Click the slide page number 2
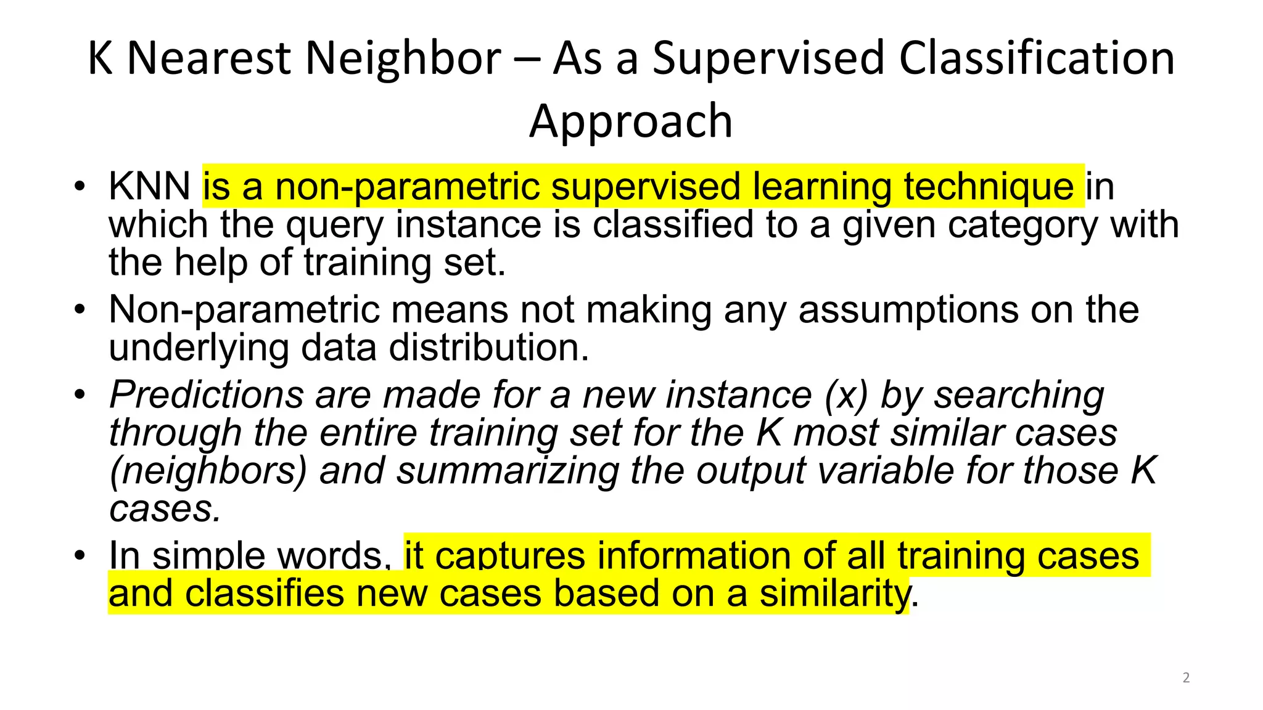pyautogui.click(x=1186, y=678)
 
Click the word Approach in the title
pyautogui.click(x=631, y=121)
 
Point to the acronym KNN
pyautogui.click(x=149, y=186)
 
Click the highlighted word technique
pyautogui.click(x=989, y=186)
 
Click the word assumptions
pyautogui.click(x=908, y=309)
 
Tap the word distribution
pyautogui.click(x=488, y=348)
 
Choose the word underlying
pyautogui.click(x=199, y=348)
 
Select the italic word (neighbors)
pyautogui.click(x=208, y=471)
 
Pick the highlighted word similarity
pyautogui.click(x=834, y=594)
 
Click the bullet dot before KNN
pyautogui.click(x=79, y=186)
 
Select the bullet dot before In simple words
pyautogui.click(x=79, y=555)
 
